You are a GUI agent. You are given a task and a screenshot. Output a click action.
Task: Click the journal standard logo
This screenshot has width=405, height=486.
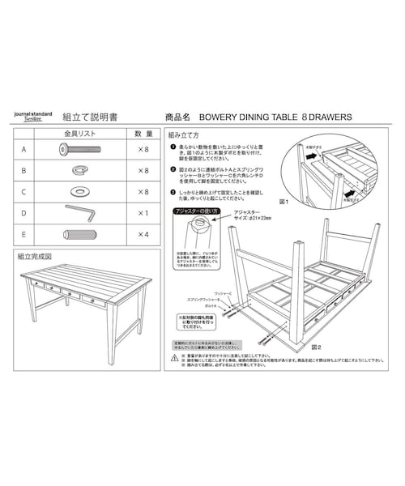point(32,117)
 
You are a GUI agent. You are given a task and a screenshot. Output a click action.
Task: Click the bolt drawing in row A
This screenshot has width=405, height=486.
point(78,150)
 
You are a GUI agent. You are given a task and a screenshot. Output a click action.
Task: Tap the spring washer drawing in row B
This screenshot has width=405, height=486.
point(79,171)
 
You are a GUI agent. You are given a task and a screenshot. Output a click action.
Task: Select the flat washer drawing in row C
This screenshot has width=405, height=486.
point(80,192)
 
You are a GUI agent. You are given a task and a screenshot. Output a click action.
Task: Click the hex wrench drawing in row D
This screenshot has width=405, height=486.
point(79,212)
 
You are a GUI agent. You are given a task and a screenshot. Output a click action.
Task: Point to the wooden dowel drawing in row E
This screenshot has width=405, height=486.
point(79,234)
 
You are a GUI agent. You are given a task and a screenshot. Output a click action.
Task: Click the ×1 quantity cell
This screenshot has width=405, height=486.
point(143,213)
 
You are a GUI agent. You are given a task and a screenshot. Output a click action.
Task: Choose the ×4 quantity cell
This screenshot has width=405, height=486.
point(143,234)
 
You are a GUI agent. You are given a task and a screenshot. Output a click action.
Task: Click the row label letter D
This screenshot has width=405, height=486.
point(24,213)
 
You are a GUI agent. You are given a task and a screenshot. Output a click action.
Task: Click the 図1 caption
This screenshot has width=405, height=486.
point(283,199)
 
